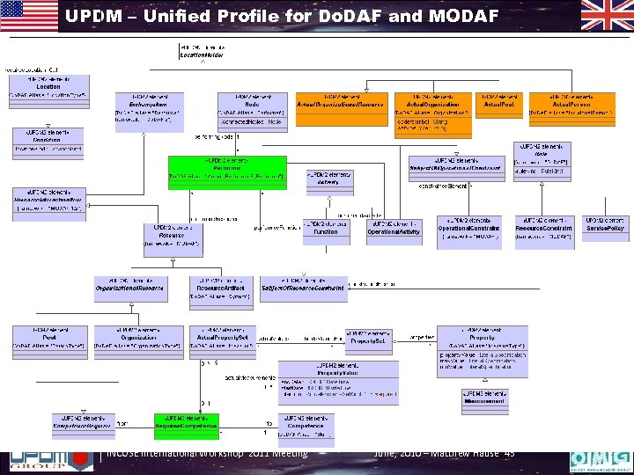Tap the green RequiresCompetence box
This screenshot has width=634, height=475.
(x=187, y=425)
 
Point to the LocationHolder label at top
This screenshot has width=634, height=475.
(x=202, y=51)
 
